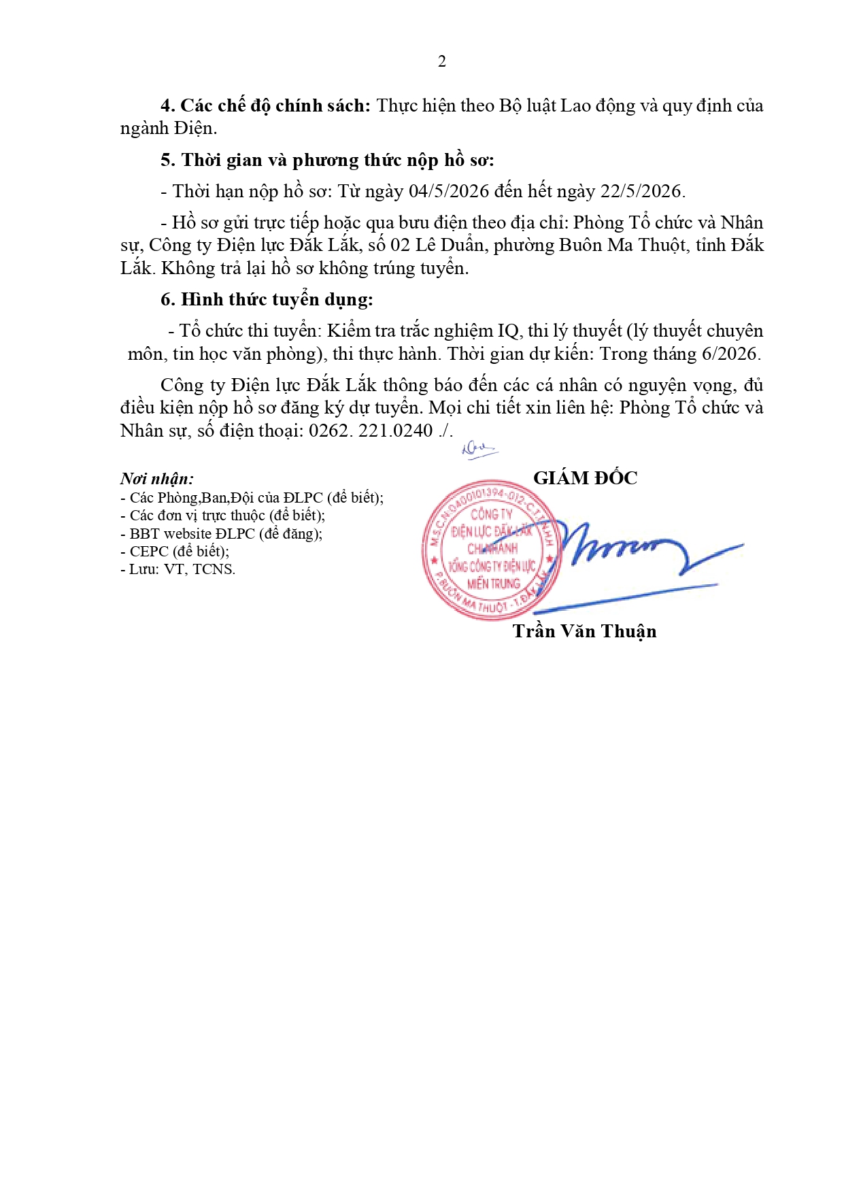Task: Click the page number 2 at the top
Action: pyautogui.click(x=442, y=62)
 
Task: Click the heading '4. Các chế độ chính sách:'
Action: pyautogui.click(x=265, y=106)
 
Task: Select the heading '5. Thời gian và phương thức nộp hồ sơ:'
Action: pyautogui.click(x=327, y=161)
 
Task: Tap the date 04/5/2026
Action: pyautogui.click(x=449, y=192)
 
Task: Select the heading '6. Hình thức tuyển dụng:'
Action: pyautogui.click(x=267, y=300)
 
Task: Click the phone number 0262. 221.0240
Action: pyautogui.click(x=371, y=431)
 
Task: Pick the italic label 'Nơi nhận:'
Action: pyautogui.click(x=157, y=479)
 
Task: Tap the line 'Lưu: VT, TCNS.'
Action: pyautogui.click(x=178, y=569)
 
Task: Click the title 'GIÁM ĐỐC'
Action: pyautogui.click(x=585, y=478)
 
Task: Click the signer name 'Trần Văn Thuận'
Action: pyautogui.click(x=584, y=632)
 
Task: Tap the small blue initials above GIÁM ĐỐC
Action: pyautogui.click(x=479, y=450)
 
